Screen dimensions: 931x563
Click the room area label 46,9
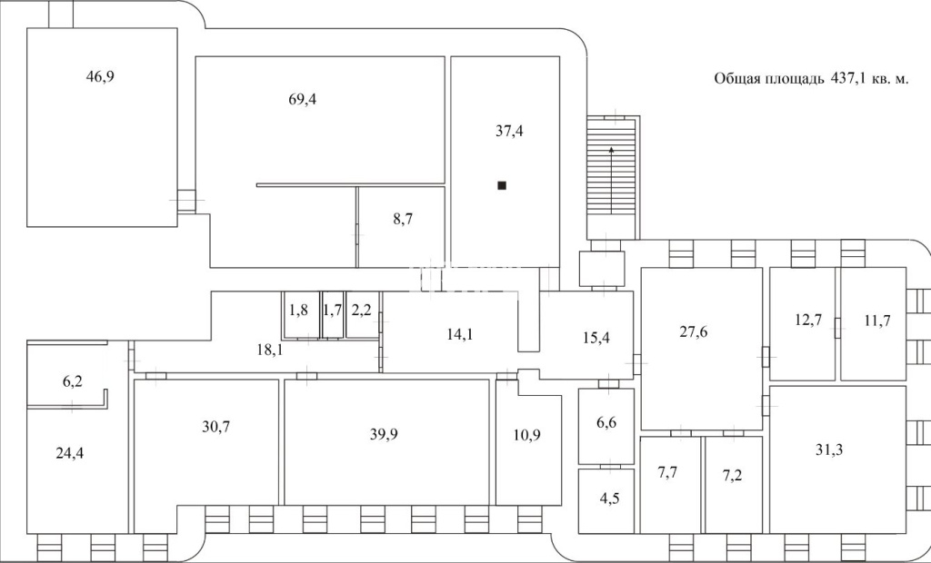(100, 77)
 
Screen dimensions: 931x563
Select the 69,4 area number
(302, 100)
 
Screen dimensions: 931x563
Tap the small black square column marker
(502, 185)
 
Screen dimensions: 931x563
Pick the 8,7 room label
(403, 219)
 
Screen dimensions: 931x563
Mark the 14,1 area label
(460, 334)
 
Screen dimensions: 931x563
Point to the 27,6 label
(693, 331)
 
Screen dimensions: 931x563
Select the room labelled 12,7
(808, 320)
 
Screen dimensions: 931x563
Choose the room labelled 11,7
(877, 321)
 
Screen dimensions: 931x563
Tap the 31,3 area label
(829, 449)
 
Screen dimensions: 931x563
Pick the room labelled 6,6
(606, 423)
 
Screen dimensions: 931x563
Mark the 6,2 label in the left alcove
(73, 381)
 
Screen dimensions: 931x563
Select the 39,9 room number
(384, 434)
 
